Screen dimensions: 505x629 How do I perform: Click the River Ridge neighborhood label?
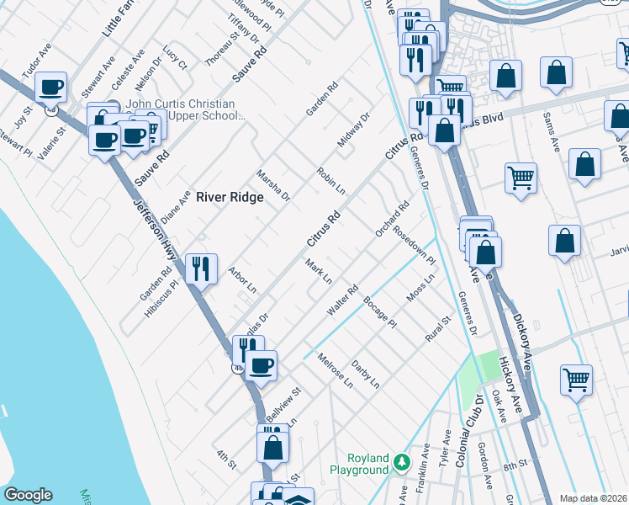(230, 197)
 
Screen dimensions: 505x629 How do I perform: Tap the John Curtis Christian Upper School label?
(186, 109)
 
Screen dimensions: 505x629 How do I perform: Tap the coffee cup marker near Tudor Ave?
(50, 86)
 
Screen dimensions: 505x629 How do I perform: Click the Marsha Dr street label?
(273, 184)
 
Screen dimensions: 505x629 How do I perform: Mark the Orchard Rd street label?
(392, 218)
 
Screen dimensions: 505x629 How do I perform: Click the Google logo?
(28, 495)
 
